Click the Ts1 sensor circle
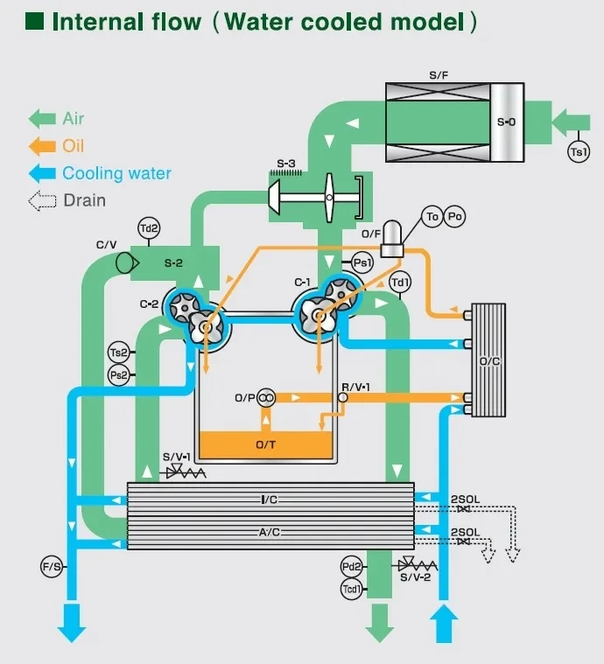[579, 151]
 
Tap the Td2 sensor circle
[149, 228]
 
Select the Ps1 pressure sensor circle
[362, 263]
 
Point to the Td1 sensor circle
[400, 282]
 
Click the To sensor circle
[432, 216]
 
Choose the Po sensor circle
[454, 216]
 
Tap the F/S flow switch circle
[52, 566]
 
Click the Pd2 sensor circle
[352, 566]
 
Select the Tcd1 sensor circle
[352, 589]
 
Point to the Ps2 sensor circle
[119, 374]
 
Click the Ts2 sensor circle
[119, 353]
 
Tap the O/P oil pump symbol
[266, 398]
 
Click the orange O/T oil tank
[266, 444]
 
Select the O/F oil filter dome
[391, 239]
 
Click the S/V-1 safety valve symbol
[186, 471]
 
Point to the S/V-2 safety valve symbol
[418, 564]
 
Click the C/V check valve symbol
[127, 263]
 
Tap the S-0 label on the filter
[506, 122]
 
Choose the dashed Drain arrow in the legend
[42, 200]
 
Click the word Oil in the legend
[73, 146]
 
